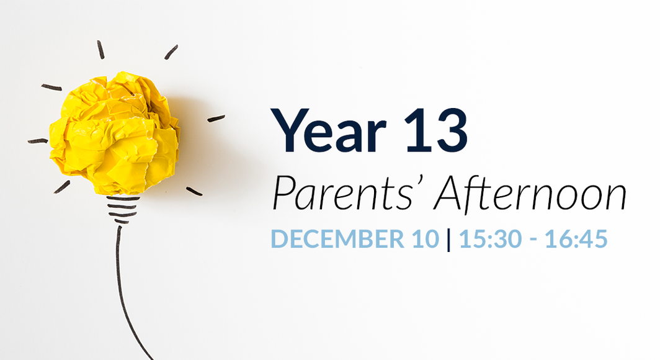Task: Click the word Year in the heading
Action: (x=329, y=131)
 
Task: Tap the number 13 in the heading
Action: (x=435, y=131)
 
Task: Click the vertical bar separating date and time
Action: (x=448, y=240)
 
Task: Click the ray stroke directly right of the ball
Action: (x=216, y=117)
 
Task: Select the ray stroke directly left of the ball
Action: (x=38, y=141)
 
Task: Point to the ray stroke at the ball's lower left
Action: (x=62, y=186)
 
